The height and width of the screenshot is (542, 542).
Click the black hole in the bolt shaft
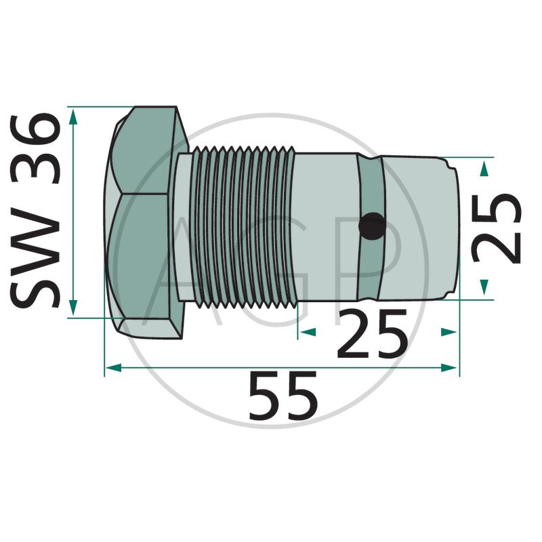[x=372, y=226]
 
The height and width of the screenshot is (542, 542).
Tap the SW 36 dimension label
[x=36, y=211]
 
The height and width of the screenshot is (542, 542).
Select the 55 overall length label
[x=283, y=396]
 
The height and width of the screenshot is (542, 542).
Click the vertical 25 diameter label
[x=497, y=228]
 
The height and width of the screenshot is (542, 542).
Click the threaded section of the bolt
[x=245, y=227]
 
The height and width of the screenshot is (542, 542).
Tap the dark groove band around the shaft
[x=370, y=228]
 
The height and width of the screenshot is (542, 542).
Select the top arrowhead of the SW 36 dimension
[x=72, y=117]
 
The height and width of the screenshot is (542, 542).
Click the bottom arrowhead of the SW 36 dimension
[x=72, y=308]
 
